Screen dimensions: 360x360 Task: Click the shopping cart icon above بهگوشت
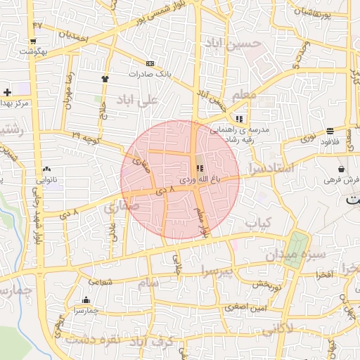34,41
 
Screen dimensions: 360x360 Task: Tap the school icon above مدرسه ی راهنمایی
240,118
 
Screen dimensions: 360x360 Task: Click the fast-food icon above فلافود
330,131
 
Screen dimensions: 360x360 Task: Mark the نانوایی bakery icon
46,169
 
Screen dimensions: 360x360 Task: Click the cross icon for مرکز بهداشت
7,92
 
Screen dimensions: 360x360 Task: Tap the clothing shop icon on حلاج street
105,78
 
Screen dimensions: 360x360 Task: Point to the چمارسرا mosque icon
86,300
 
